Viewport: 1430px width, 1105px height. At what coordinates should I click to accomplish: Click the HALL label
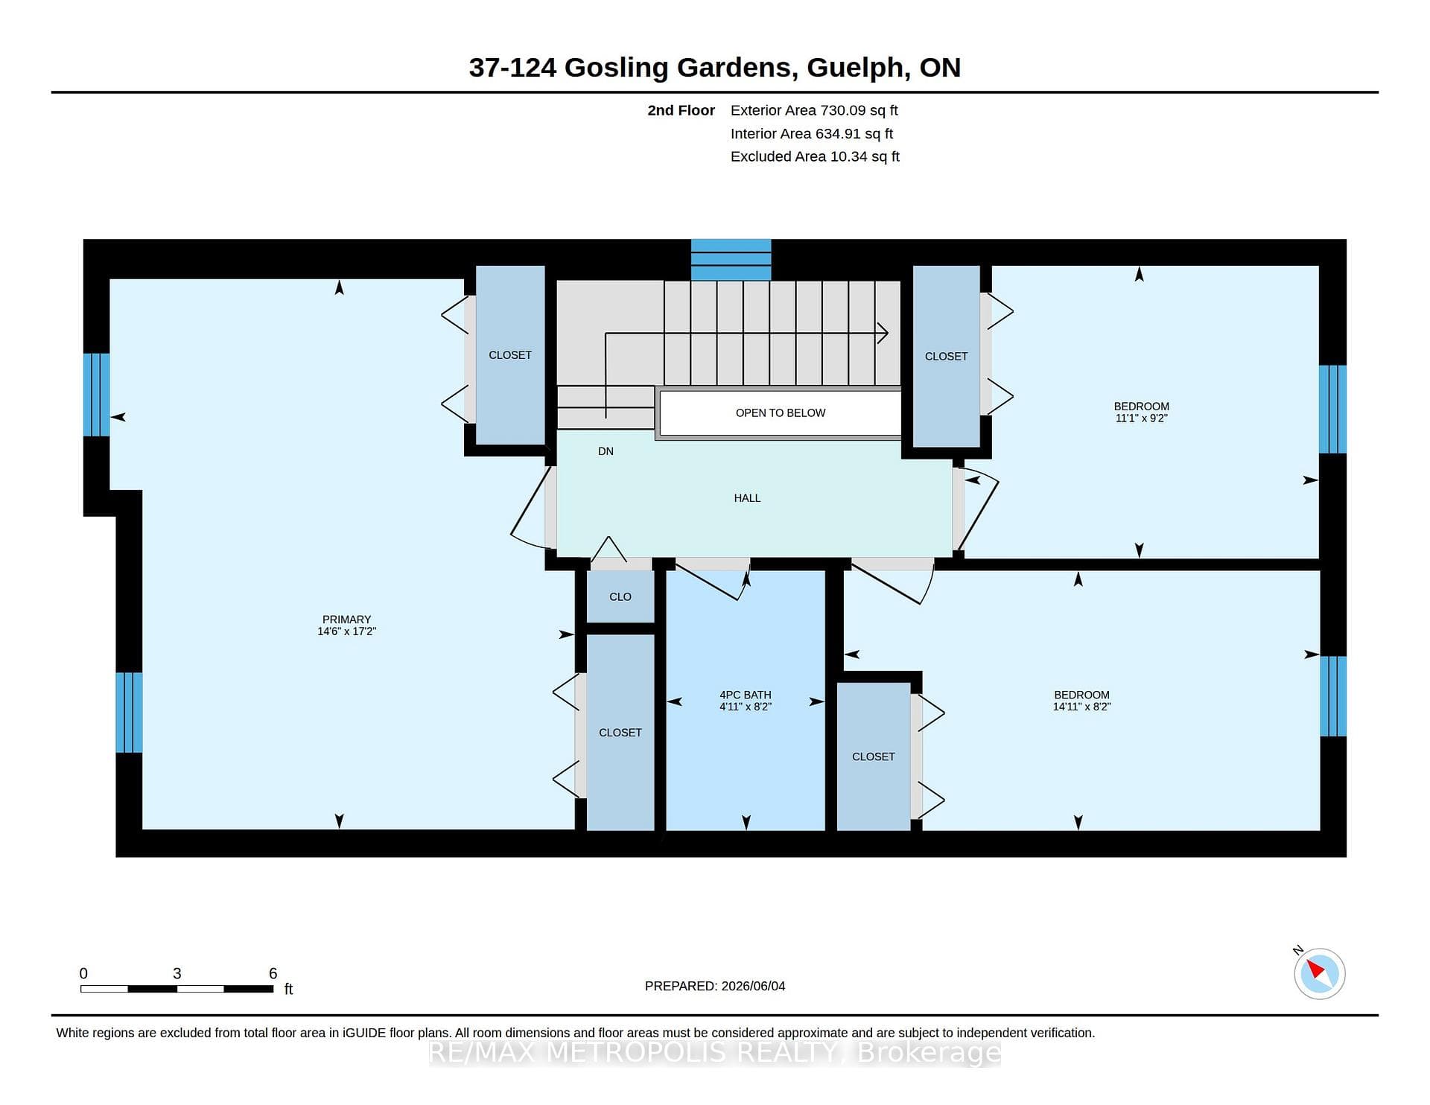point(747,498)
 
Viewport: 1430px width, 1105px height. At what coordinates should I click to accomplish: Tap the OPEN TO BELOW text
point(781,413)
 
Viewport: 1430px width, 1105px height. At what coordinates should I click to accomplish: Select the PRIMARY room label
point(346,620)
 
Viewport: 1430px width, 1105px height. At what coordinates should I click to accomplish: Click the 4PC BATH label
point(746,695)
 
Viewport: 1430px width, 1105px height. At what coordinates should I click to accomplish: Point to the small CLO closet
point(620,596)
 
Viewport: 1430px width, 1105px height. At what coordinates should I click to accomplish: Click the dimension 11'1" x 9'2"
point(1141,418)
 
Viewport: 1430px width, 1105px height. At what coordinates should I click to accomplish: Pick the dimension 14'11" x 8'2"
point(1081,707)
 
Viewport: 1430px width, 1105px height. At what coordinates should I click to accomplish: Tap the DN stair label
point(606,451)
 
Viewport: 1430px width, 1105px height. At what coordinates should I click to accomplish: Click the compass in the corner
point(1319,973)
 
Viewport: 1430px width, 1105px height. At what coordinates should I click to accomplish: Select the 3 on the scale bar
point(177,973)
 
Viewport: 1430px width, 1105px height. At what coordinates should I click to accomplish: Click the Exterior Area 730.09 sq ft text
point(814,110)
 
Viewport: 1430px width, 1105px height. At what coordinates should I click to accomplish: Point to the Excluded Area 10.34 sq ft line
point(815,156)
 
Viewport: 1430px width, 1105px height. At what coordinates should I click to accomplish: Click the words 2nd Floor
point(681,110)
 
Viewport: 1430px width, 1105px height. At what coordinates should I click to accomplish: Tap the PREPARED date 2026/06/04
point(753,986)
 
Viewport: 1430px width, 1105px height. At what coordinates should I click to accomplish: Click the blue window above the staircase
point(731,260)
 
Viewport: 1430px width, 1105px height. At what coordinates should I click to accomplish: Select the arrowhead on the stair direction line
point(883,333)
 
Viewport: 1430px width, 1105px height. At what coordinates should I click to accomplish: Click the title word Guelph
point(857,68)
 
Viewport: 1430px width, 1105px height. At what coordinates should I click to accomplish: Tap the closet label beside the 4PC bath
point(620,733)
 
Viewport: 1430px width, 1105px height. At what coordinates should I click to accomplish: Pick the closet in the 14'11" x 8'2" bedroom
point(874,757)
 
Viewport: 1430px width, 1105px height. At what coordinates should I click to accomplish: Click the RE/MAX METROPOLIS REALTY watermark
point(715,1053)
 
